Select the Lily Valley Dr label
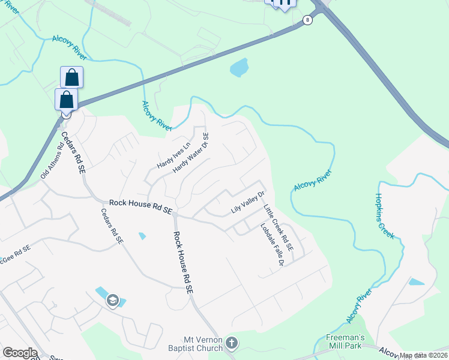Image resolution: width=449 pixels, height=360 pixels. [248, 205]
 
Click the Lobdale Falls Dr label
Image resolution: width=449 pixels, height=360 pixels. [271, 245]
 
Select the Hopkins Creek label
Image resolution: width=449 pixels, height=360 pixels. [385, 215]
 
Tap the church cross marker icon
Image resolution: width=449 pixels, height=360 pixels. [232, 344]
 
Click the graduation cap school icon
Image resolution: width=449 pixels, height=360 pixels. [113, 301]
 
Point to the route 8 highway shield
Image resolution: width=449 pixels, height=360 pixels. [308, 20]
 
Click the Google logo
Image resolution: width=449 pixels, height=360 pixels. [20, 353]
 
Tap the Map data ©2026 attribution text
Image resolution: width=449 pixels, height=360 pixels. [424, 355]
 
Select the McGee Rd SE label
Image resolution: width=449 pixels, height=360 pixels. [16, 249]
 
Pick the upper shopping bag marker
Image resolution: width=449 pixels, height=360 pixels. [71, 77]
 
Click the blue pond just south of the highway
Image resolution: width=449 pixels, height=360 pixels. [239, 67]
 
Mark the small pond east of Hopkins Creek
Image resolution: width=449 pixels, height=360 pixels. [415, 281]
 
